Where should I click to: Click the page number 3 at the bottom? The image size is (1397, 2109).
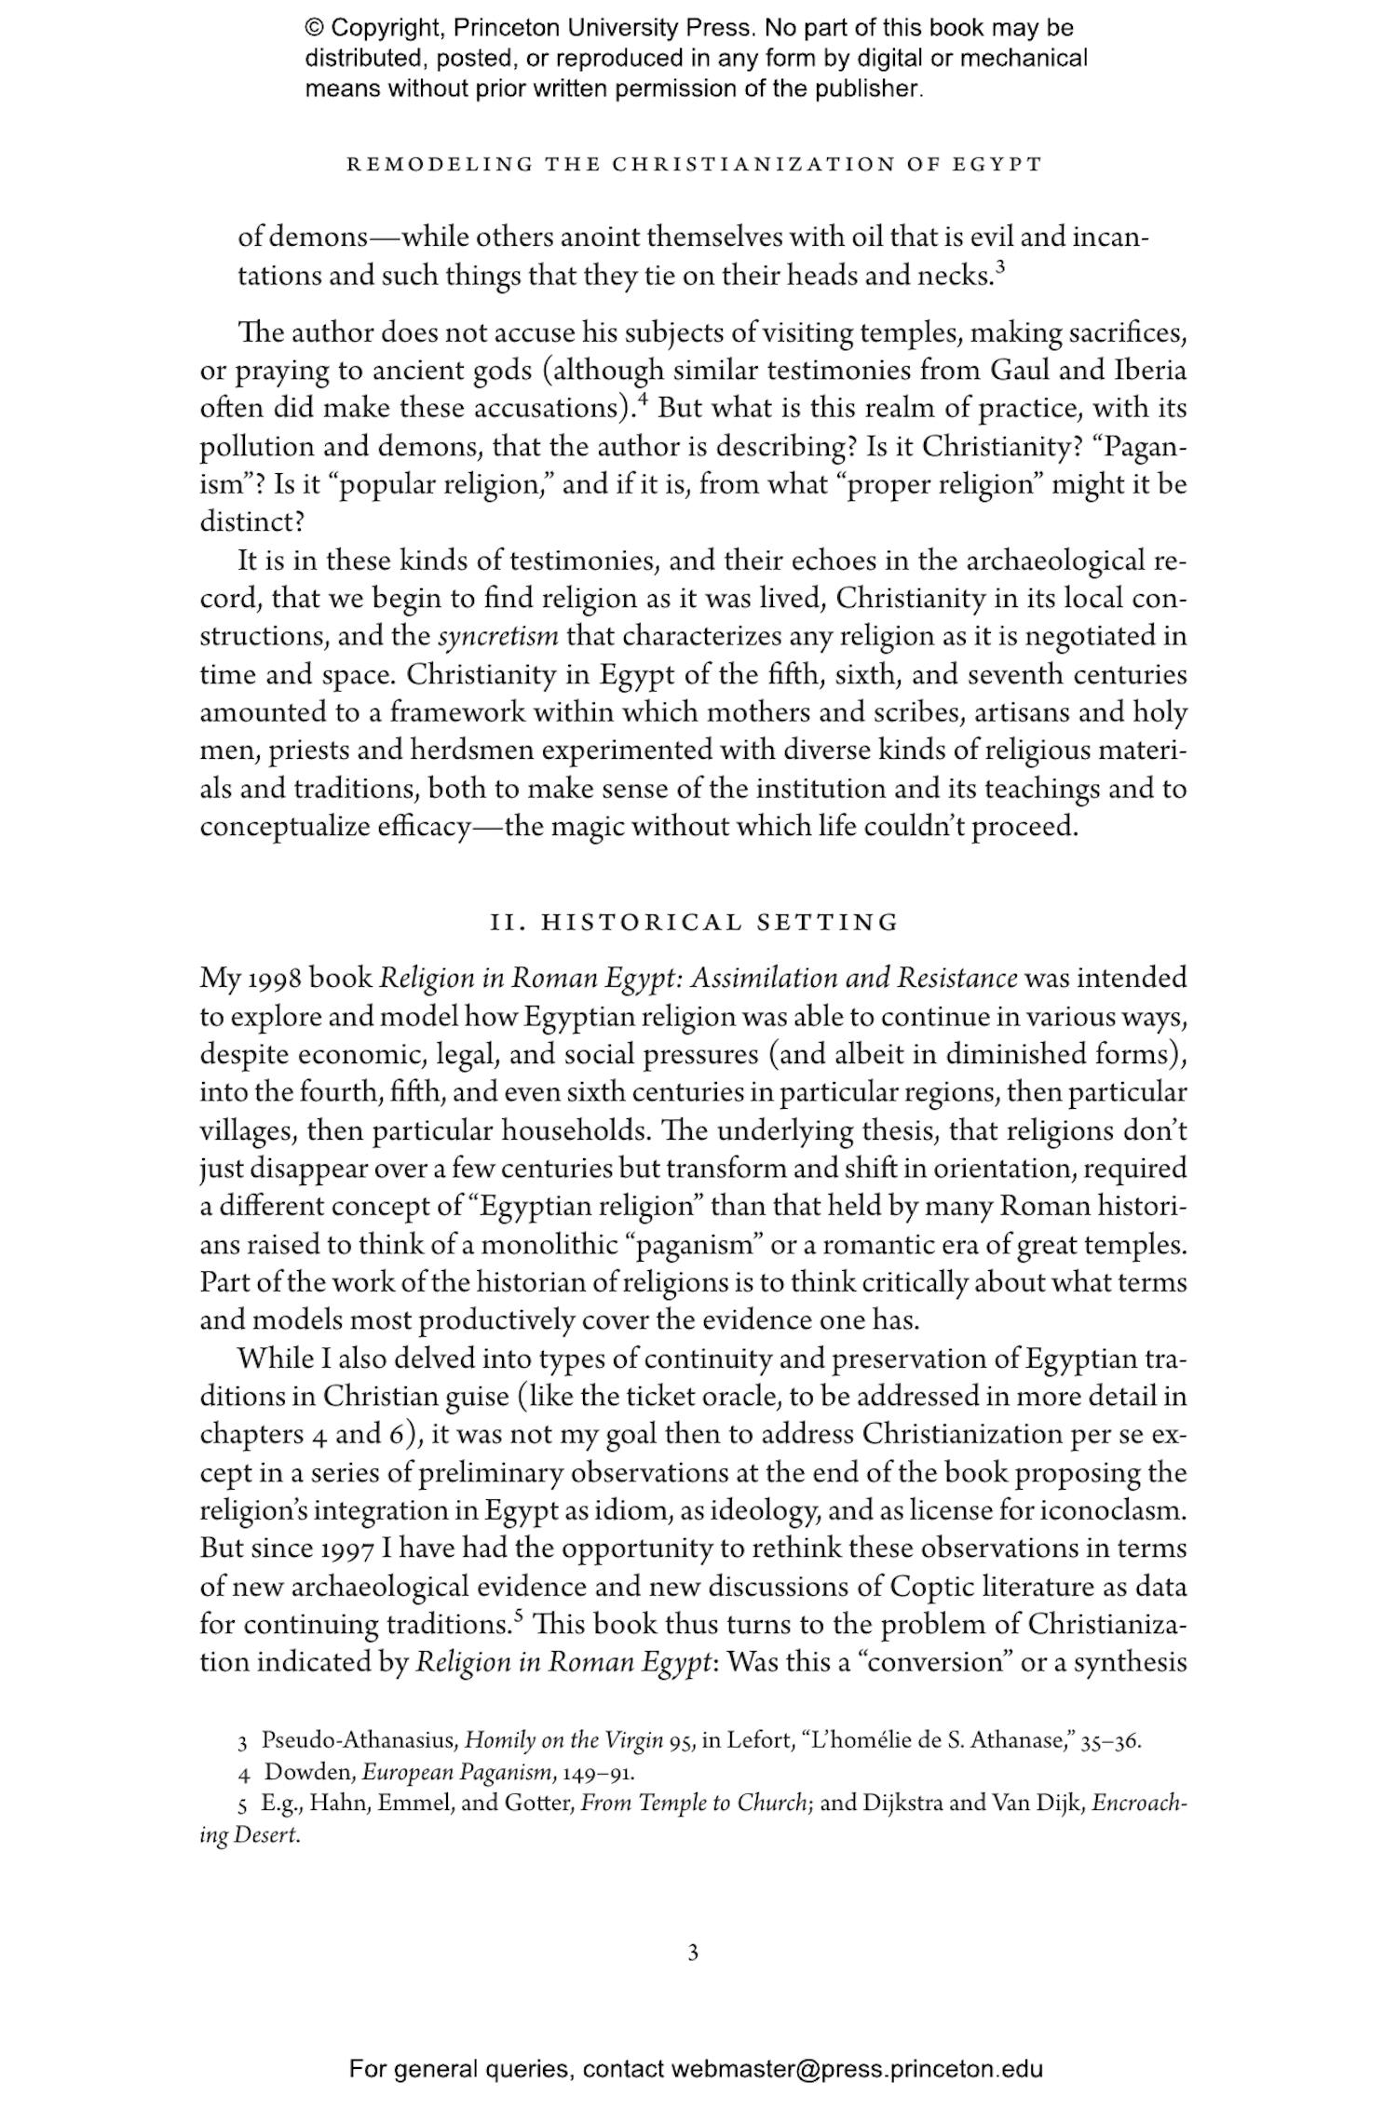pyautogui.click(x=693, y=1953)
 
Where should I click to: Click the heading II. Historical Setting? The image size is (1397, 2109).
pyautogui.click(x=695, y=923)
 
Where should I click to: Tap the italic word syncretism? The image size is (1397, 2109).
pyautogui.click(x=497, y=637)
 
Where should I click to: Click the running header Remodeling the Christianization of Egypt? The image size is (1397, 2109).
pyautogui.click(x=694, y=165)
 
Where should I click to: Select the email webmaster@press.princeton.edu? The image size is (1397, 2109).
pyautogui.click(x=856, y=2069)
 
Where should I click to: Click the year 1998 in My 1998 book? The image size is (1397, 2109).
pyautogui.click(x=271, y=979)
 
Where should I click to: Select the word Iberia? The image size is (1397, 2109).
pyautogui.click(x=1149, y=371)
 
